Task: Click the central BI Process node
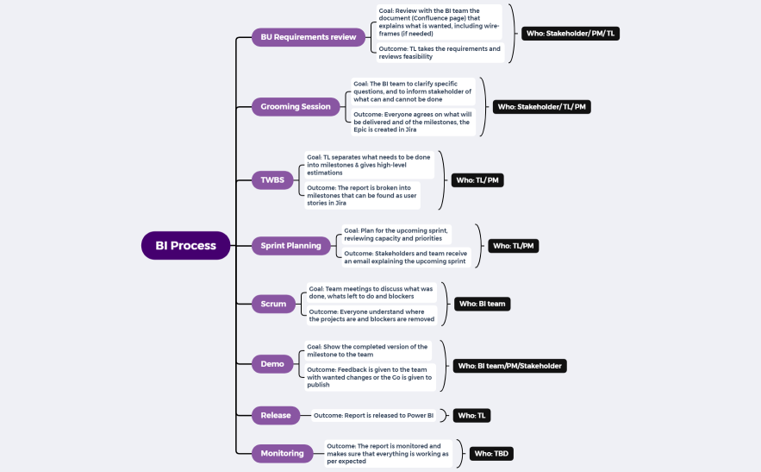(185, 246)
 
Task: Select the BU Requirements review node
(309, 37)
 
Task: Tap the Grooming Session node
(296, 107)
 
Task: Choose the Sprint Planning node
(290, 246)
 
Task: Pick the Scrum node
(273, 304)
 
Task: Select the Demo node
(272, 364)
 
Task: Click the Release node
(276, 415)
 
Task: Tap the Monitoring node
(283, 453)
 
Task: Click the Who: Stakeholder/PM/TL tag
(571, 34)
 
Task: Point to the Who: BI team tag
(482, 304)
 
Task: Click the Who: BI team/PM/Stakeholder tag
(509, 366)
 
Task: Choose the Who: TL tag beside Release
(471, 415)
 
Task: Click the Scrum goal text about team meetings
(371, 293)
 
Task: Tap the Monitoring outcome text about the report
(388, 453)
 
